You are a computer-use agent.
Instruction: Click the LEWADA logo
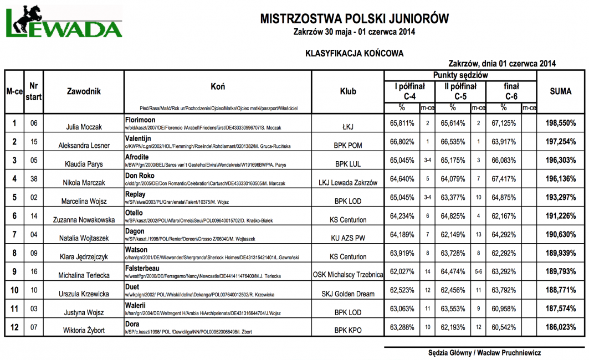click(x=63, y=25)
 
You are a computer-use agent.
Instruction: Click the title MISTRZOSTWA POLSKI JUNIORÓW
click(x=355, y=19)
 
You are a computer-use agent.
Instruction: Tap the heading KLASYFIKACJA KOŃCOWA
click(x=354, y=53)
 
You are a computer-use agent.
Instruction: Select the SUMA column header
click(x=560, y=91)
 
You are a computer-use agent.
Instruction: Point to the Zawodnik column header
click(x=84, y=91)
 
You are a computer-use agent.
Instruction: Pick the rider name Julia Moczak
click(x=84, y=127)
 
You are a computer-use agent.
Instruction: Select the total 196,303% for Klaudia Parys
click(x=560, y=160)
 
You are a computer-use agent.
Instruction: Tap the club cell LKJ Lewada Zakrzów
click(x=348, y=183)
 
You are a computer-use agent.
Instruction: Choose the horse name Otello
click(x=134, y=213)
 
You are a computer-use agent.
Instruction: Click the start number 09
click(x=34, y=253)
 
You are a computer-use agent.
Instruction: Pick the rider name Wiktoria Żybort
click(x=84, y=331)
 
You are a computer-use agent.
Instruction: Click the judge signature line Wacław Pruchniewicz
click(x=484, y=353)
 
